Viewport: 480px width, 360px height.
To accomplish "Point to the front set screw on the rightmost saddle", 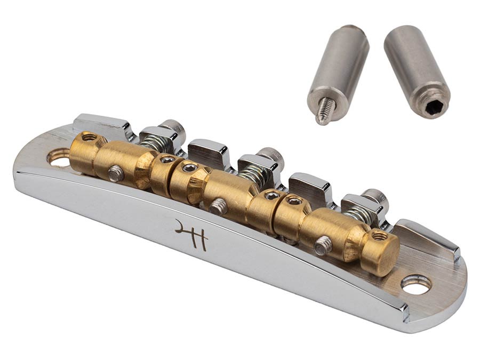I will pyautogui.click(x=322, y=246).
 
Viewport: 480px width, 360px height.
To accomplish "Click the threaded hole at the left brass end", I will pyautogui.click(x=89, y=138).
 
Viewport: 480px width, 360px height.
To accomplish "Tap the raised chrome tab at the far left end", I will pyautogui.click(x=101, y=123).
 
